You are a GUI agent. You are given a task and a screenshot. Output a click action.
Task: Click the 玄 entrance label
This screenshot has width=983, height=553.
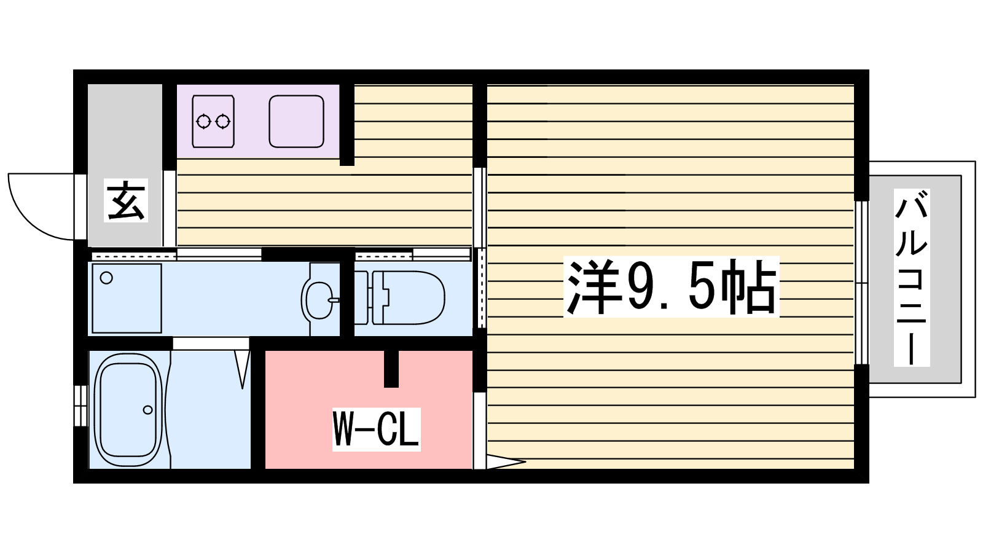tap(126, 200)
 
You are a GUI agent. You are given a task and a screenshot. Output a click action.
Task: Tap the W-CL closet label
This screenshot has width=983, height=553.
tap(376, 429)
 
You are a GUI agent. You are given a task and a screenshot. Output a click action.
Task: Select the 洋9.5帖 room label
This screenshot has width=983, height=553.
tap(671, 287)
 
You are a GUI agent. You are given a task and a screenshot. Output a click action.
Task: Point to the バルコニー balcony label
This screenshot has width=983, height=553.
tap(911, 278)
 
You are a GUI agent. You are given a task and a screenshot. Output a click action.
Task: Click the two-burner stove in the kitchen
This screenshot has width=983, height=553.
tap(213, 121)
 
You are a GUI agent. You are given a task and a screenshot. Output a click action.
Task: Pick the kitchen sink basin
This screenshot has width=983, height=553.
tap(296, 121)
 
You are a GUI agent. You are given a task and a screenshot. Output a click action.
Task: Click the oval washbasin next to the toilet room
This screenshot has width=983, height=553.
tap(319, 299)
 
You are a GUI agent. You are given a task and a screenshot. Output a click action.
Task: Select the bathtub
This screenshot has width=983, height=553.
tap(128, 410)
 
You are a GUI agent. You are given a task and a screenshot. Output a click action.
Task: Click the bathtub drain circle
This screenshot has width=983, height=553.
tap(147, 410)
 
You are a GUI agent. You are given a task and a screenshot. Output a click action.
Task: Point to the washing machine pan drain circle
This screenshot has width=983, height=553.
tap(106, 278)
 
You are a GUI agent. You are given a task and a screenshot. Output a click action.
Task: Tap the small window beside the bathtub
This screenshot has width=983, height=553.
tap(80, 406)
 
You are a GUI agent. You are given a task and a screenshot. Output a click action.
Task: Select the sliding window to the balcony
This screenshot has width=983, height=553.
tap(861, 283)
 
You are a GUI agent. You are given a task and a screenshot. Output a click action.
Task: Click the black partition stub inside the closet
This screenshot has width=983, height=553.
tap(391, 369)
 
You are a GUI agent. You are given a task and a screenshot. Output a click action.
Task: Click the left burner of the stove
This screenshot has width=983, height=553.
tap(204, 121)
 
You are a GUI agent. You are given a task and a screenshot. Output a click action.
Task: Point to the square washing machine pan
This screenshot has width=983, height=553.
tap(127, 298)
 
